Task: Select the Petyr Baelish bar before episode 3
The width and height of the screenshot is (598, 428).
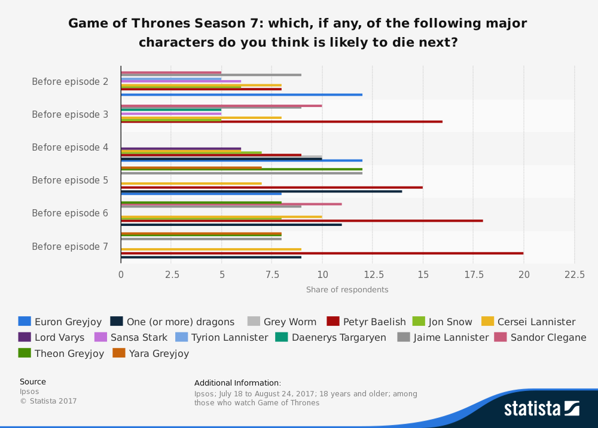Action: coord(282,121)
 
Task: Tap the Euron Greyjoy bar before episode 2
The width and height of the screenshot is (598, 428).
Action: coord(242,94)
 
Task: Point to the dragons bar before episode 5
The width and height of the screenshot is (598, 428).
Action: coord(261,191)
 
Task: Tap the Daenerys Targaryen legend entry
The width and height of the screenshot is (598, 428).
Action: coord(331,338)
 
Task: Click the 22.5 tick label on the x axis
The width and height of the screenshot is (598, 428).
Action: coord(575,274)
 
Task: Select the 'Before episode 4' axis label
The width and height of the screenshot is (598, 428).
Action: coord(70,148)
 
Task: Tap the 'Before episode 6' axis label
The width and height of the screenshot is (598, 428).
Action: coord(70,213)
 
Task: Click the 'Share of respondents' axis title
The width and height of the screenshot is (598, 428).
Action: coord(347,290)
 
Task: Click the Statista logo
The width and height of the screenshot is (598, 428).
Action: coord(541,409)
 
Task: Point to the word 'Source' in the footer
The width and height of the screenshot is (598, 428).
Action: coord(33,382)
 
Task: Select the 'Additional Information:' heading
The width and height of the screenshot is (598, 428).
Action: coord(237,383)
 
